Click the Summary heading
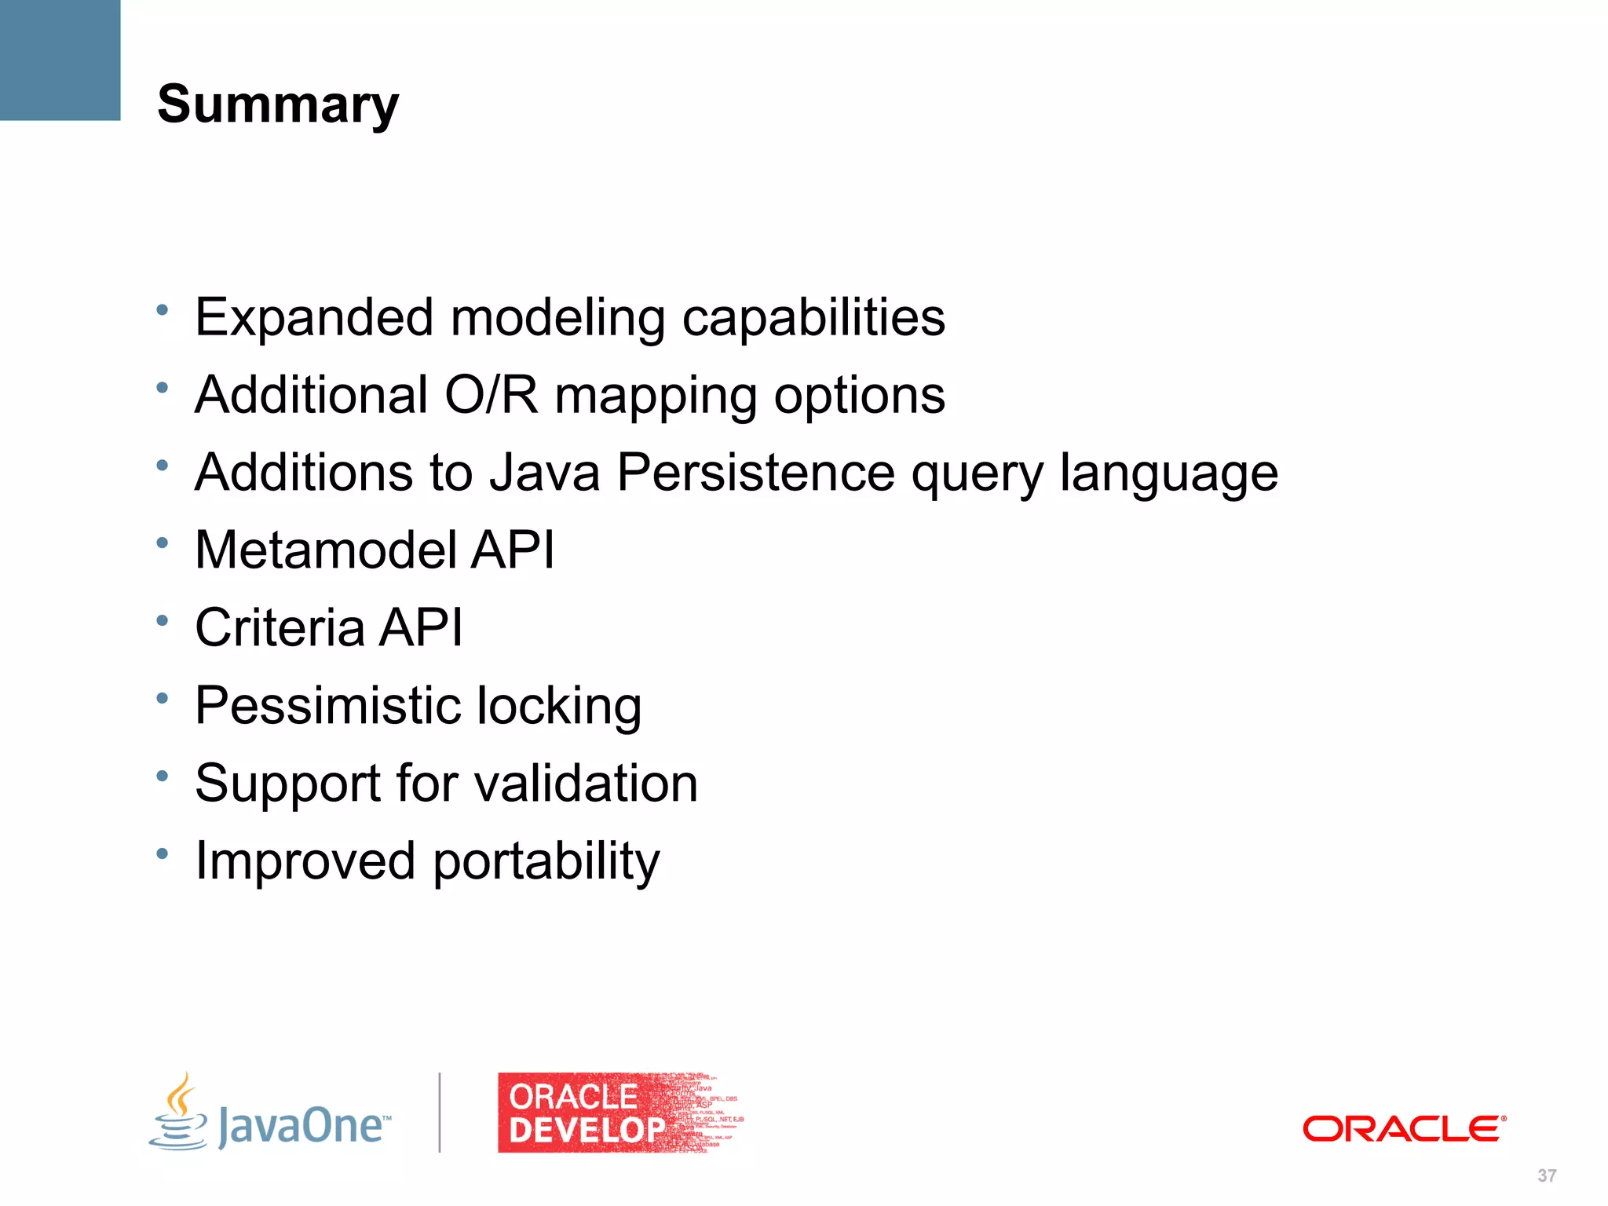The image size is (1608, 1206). (x=278, y=104)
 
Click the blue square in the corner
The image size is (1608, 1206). (x=60, y=60)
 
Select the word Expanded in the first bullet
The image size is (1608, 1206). (x=314, y=317)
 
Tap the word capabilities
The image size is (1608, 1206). (x=813, y=319)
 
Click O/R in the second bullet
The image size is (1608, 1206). (x=492, y=395)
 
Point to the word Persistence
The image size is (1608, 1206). (x=755, y=473)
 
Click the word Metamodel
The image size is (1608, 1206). (x=325, y=550)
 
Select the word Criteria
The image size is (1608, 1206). (x=280, y=627)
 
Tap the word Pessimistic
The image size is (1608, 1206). (x=327, y=705)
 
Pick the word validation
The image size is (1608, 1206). (x=587, y=783)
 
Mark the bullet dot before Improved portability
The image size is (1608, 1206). (x=163, y=853)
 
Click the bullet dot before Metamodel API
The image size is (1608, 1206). (x=163, y=543)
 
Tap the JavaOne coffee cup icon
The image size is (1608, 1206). (x=179, y=1113)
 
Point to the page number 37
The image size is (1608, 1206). (x=1546, y=1175)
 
